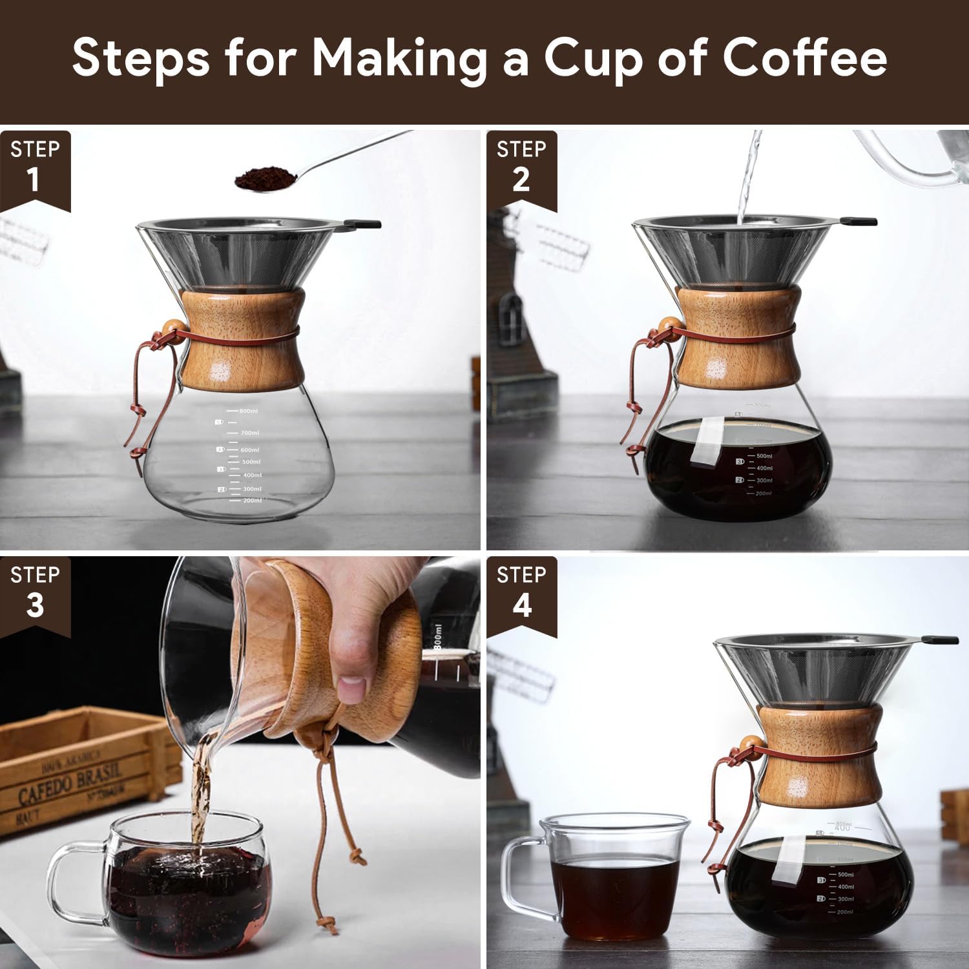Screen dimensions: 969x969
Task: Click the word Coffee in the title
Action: (804, 58)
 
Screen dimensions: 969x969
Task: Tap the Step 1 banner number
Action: (34, 180)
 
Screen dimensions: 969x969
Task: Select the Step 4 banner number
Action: (521, 605)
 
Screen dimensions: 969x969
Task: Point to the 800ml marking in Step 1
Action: (248, 411)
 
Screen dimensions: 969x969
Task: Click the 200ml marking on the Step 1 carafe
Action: (252, 501)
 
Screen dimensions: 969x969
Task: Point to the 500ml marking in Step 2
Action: (764, 456)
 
